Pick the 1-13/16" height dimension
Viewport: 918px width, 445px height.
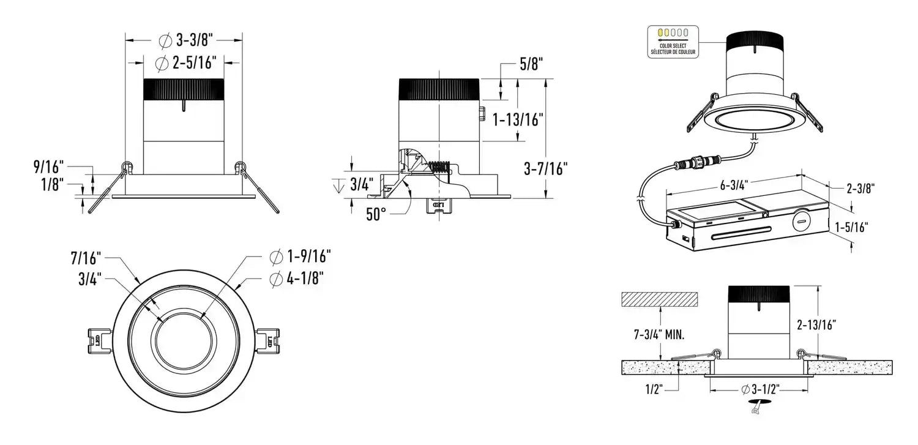point(518,120)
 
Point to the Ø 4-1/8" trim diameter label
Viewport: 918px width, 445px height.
point(296,279)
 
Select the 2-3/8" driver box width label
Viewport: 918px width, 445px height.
point(860,189)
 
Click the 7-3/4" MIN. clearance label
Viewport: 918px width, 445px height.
point(660,334)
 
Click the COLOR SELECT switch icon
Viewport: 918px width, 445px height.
point(673,33)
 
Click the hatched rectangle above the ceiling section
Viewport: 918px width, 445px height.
point(659,299)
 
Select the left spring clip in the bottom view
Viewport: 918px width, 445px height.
point(98,338)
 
